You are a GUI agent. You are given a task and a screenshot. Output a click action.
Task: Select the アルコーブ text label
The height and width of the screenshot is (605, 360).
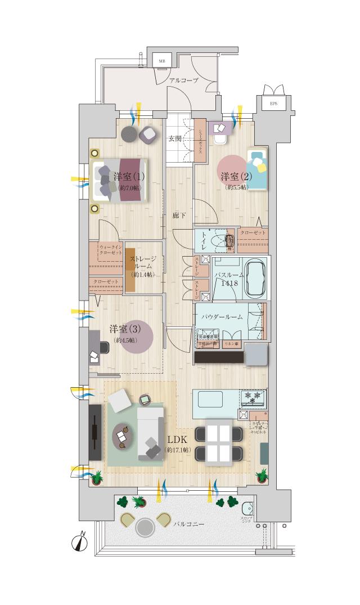(184, 81)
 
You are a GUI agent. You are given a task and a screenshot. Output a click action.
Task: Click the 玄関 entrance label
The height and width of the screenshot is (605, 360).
(174, 138)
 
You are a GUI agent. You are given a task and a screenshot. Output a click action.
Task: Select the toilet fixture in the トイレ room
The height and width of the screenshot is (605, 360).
(227, 241)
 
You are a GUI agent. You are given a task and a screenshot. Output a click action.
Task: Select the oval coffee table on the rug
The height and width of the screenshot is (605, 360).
(124, 436)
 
